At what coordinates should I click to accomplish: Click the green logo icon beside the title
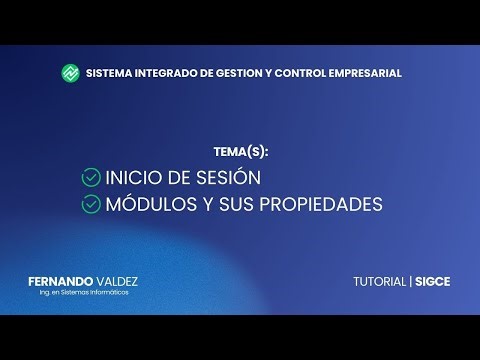click(x=71, y=73)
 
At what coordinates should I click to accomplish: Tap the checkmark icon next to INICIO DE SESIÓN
click(x=90, y=178)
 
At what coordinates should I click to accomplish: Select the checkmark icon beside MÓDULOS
click(x=90, y=204)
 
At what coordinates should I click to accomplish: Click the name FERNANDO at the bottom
click(x=62, y=281)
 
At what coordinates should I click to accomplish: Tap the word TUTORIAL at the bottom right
click(x=379, y=282)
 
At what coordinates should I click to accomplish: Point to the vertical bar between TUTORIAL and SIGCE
click(x=409, y=282)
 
